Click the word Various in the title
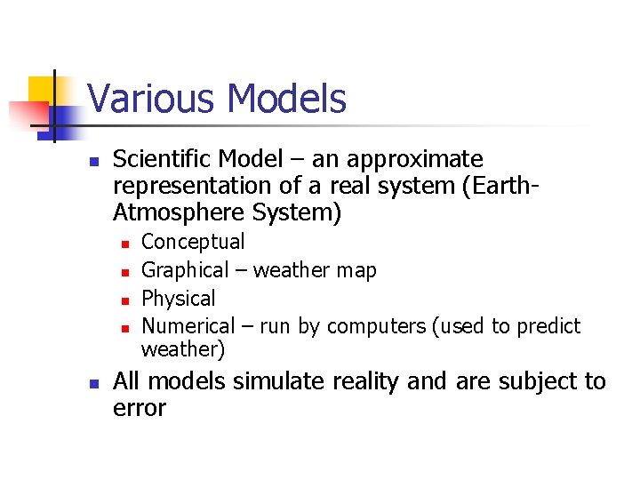[x=143, y=99]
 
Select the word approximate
[x=412, y=160]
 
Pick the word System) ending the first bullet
[x=298, y=213]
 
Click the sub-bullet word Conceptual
[x=193, y=242]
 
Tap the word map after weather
[x=356, y=270]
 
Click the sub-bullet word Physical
[x=179, y=299]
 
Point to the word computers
[x=374, y=327]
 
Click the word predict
[x=548, y=327]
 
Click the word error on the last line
[x=140, y=409]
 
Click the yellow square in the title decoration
[x=43, y=90]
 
